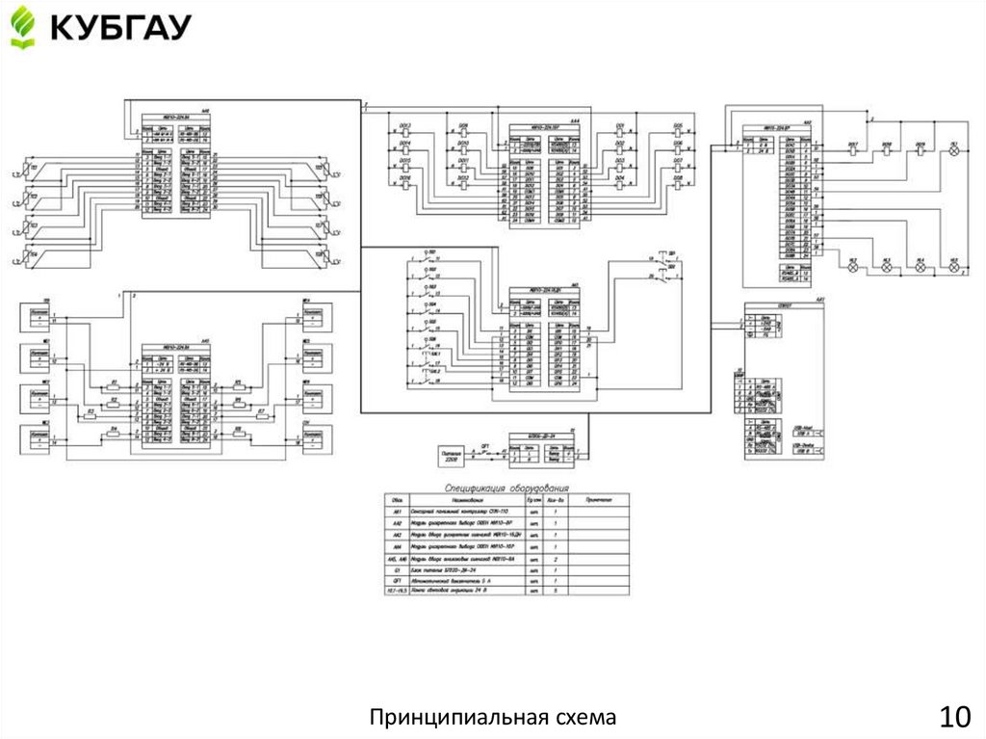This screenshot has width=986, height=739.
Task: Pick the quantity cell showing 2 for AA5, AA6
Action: pyautogui.click(x=554, y=559)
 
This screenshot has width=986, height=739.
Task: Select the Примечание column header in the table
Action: pyautogui.click(x=598, y=499)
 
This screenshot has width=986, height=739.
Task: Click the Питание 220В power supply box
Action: pyautogui.click(x=450, y=453)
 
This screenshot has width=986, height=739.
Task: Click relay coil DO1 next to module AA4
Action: pyautogui.click(x=619, y=132)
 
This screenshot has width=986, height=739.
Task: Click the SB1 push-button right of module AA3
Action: pyautogui.click(x=659, y=261)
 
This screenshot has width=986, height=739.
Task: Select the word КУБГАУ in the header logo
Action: pyautogui.click(x=120, y=27)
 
